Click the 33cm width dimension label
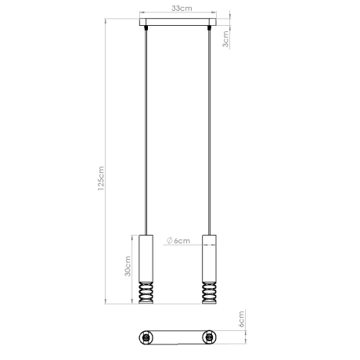pyautogui.click(x=181, y=8)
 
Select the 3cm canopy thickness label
pyautogui.click(x=226, y=39)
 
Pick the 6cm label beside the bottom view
pyautogui.click(x=242, y=320)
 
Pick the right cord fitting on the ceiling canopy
pyautogui.click(x=210, y=29)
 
